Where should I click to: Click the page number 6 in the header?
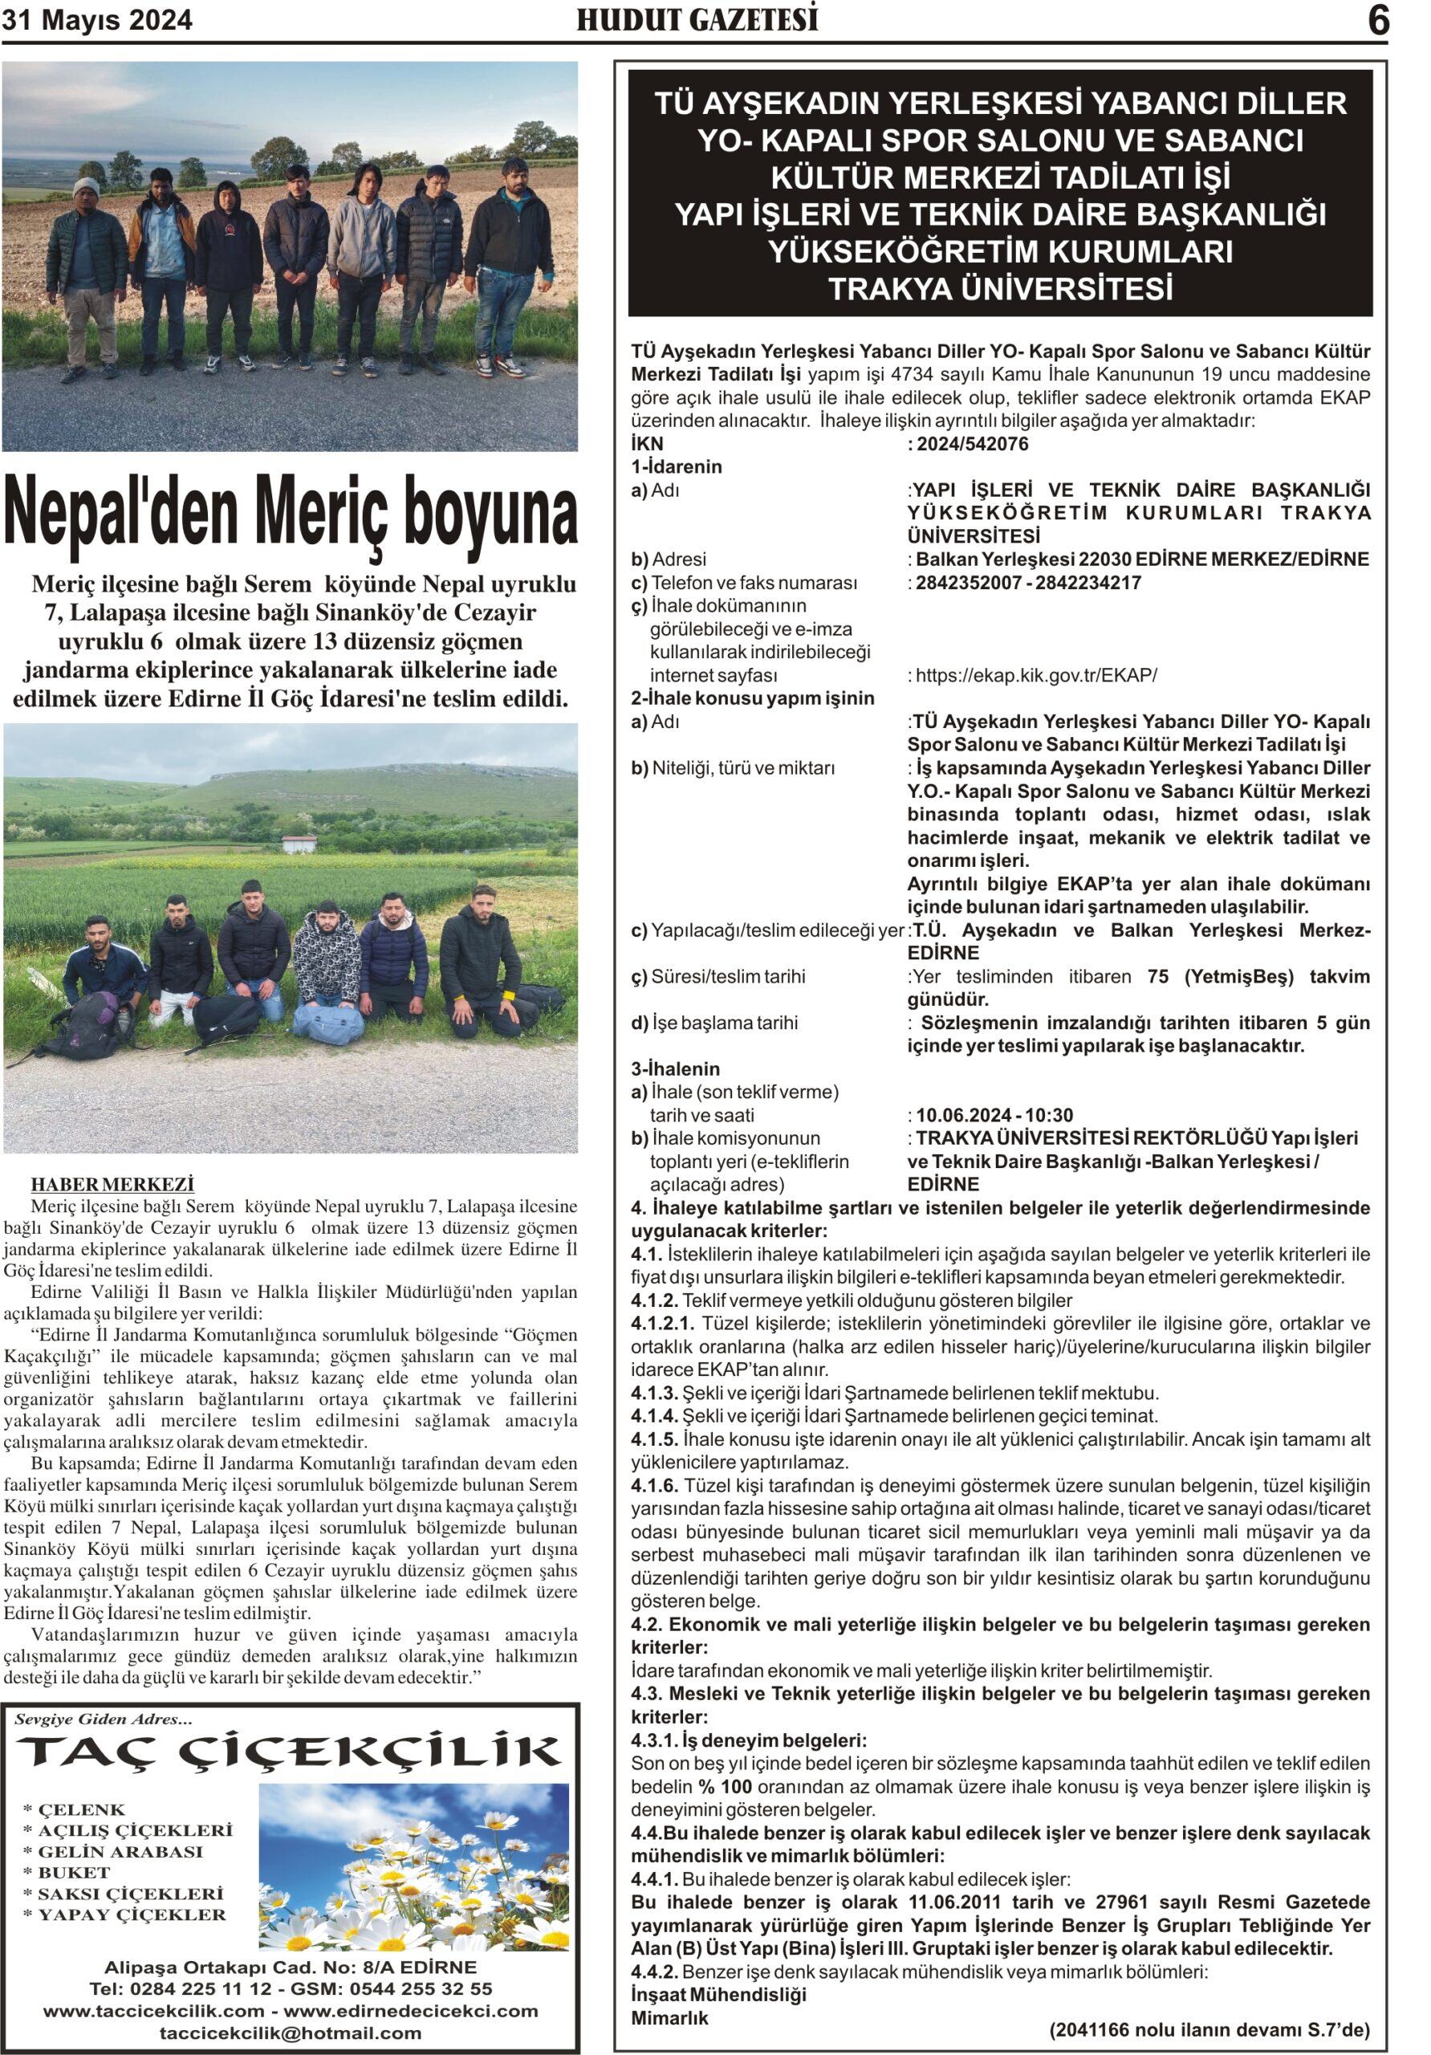click(1378, 21)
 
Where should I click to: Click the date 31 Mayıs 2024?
click(96, 21)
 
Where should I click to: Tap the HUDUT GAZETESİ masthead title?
click(697, 20)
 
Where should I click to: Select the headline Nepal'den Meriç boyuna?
click(291, 512)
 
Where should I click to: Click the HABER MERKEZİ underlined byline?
click(112, 1184)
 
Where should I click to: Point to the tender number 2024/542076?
click(972, 444)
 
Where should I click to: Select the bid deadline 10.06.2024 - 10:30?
click(994, 1114)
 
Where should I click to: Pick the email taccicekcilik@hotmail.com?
click(290, 2033)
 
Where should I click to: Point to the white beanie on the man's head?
click(86, 187)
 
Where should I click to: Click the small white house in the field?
click(299, 843)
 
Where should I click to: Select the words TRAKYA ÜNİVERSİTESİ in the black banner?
click(1000, 289)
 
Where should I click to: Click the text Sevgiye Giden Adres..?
click(103, 1719)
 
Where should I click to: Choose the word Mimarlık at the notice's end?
click(669, 2017)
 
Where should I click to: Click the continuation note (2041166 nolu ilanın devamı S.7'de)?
click(1209, 2029)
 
